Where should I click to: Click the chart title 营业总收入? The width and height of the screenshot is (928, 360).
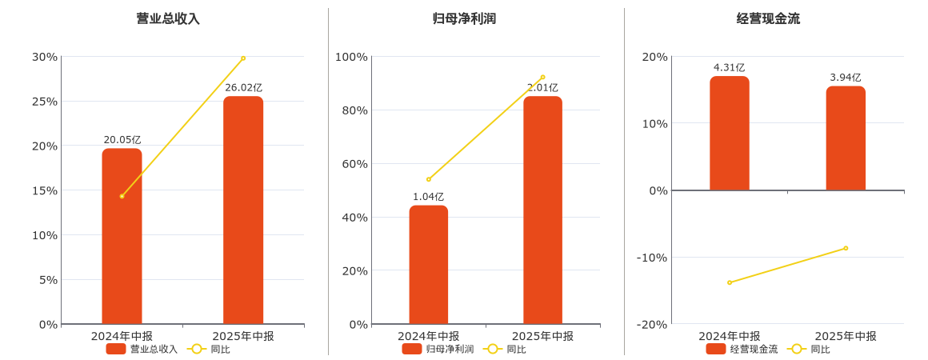click(168, 18)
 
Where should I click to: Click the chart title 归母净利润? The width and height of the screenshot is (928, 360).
click(464, 18)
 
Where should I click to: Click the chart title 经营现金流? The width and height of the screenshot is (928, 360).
click(768, 18)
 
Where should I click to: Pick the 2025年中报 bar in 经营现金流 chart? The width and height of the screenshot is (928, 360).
click(846, 138)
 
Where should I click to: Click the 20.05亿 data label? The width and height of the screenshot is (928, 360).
click(122, 140)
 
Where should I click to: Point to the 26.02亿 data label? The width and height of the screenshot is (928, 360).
click(243, 88)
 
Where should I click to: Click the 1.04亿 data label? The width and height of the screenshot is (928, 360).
click(429, 197)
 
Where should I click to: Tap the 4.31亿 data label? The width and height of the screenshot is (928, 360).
click(729, 68)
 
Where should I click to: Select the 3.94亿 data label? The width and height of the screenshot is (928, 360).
click(846, 78)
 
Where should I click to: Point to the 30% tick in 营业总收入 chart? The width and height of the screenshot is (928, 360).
click(45, 57)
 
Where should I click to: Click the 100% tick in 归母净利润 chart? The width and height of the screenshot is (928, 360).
click(351, 57)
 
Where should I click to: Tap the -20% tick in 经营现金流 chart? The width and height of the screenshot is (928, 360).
click(651, 324)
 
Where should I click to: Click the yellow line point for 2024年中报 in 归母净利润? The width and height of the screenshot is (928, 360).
click(429, 179)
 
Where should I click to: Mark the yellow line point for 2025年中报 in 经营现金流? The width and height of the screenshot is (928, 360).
click(846, 248)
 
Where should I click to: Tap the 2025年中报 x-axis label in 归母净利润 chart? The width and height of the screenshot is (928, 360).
click(542, 336)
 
